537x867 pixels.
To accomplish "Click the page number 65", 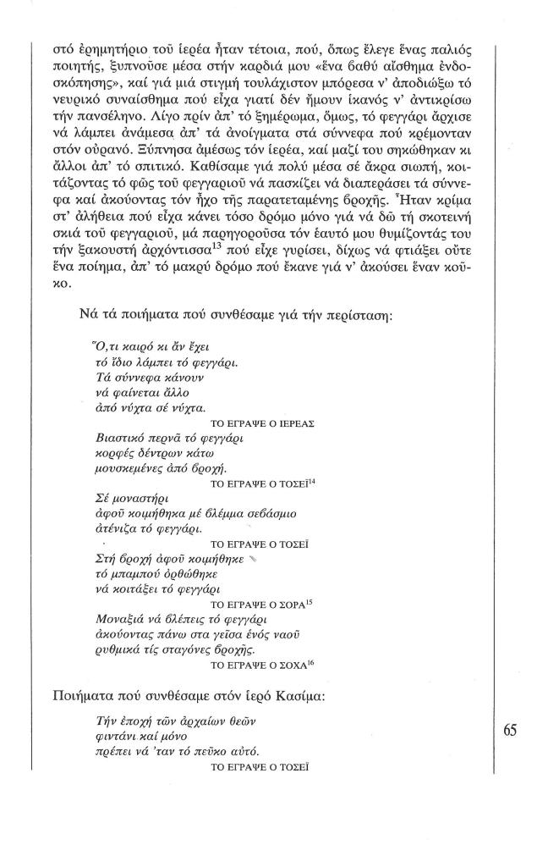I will click(510, 731).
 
